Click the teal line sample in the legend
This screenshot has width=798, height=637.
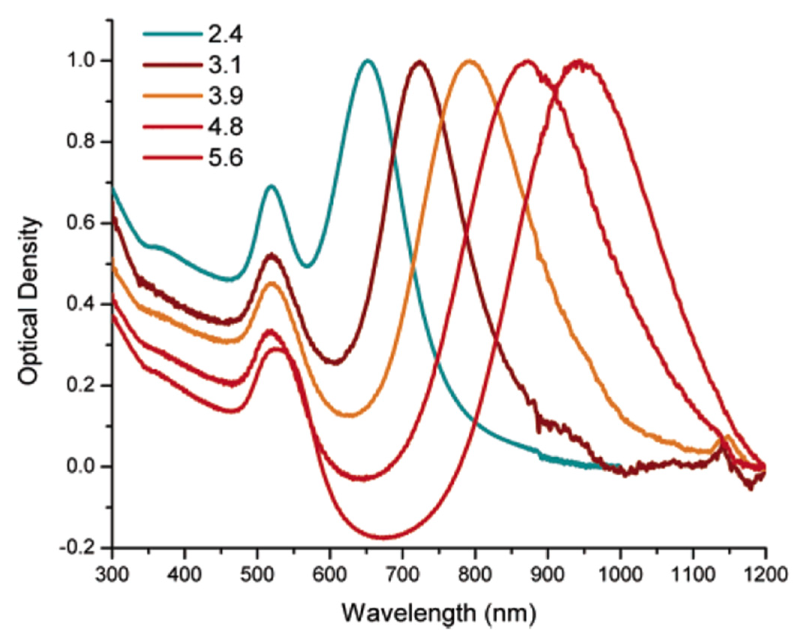click(172, 34)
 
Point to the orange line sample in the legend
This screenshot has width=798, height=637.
click(172, 96)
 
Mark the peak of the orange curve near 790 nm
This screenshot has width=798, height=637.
click(469, 61)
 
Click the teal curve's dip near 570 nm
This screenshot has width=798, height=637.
click(308, 266)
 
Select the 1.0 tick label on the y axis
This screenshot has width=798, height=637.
click(78, 61)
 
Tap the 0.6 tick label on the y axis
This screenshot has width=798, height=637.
click(78, 223)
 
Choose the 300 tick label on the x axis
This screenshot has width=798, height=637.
click(111, 575)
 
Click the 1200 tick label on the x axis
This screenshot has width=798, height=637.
click(765, 575)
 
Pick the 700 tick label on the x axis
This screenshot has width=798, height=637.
click(402, 575)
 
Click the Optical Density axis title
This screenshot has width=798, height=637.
click(30, 301)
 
